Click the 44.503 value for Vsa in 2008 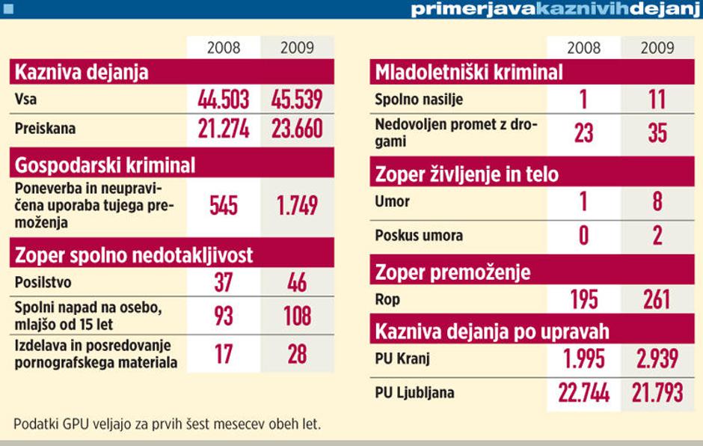pos(224,100)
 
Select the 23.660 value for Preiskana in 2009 pos(297,129)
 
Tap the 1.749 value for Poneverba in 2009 pos(297,206)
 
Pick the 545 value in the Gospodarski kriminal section pos(224,206)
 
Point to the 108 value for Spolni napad pos(297,315)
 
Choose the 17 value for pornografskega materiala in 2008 pos(224,353)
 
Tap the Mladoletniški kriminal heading pos(469,73)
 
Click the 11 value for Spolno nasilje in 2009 pos(657,100)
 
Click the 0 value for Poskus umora pos(584,236)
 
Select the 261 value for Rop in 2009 pos(657,300)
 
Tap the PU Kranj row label pos(402,358)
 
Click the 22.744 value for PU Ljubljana pos(584,393)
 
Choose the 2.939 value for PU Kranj pos(657,359)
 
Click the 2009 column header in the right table pos(657,48)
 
